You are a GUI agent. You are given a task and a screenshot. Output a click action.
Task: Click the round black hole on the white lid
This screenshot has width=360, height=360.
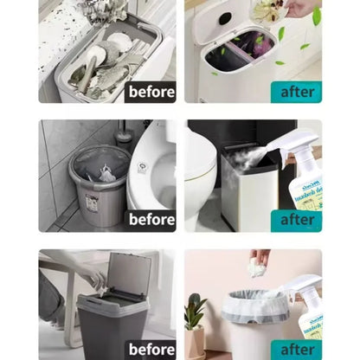tap(225, 18)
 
